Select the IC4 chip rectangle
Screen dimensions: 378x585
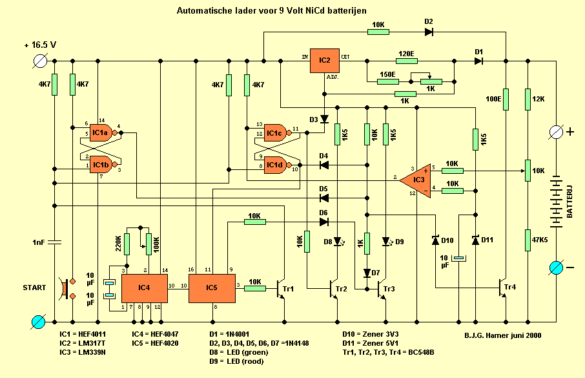pyautogui.click(x=144, y=284)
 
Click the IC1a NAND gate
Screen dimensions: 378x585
pyautogui.click(x=101, y=133)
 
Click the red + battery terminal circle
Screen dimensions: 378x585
pyautogui.click(x=556, y=132)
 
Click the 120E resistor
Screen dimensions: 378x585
pyautogui.click(x=406, y=61)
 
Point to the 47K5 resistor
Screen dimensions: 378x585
pyautogui.click(x=528, y=238)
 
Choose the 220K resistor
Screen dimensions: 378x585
pyautogui.click(x=127, y=244)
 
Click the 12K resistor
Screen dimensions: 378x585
pyautogui.click(x=528, y=100)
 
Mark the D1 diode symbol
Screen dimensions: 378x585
pyautogui.click(x=478, y=61)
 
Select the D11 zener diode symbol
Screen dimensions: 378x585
pyautogui.click(x=475, y=240)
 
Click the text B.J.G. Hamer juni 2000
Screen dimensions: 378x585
pyautogui.click(x=503, y=335)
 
